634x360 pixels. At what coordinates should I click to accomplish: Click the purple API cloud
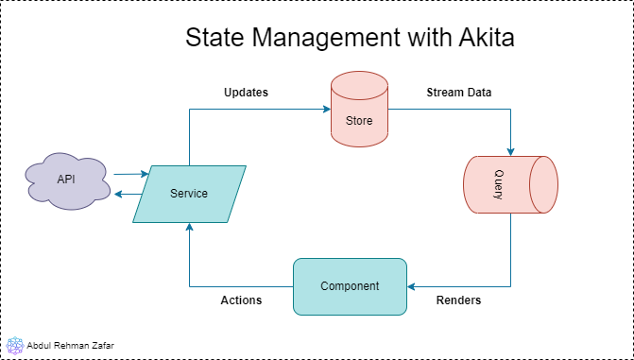pyautogui.click(x=67, y=180)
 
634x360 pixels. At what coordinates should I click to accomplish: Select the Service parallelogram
pyautogui.click(x=189, y=194)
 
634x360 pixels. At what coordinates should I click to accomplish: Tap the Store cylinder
pyautogui.click(x=359, y=109)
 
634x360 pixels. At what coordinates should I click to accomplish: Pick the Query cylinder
pyautogui.click(x=510, y=184)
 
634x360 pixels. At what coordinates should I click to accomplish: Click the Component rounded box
pyautogui.click(x=350, y=286)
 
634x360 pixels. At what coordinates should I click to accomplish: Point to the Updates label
pyautogui.click(x=246, y=93)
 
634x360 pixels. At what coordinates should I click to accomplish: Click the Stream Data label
pyautogui.click(x=459, y=93)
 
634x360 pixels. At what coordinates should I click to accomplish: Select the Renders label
pyautogui.click(x=458, y=300)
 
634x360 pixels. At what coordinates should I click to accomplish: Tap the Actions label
pyautogui.click(x=241, y=300)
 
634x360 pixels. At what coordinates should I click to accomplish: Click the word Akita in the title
pyautogui.click(x=487, y=38)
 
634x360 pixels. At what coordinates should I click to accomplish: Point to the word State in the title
pyautogui.click(x=214, y=38)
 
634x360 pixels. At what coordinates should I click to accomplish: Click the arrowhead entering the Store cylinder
pyautogui.click(x=327, y=109)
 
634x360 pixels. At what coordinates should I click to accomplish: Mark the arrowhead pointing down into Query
pyautogui.click(x=510, y=152)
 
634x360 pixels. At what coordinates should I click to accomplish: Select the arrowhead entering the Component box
pyautogui.click(x=411, y=287)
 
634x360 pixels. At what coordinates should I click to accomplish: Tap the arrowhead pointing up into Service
pyautogui.click(x=189, y=227)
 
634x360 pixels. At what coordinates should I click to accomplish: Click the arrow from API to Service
pyautogui.click(x=131, y=174)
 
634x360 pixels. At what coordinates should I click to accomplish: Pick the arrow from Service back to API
pyautogui.click(x=129, y=195)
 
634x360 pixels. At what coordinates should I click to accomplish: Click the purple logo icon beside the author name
pyautogui.click(x=15, y=346)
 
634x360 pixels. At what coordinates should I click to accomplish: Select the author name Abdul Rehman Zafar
pyautogui.click(x=70, y=346)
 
